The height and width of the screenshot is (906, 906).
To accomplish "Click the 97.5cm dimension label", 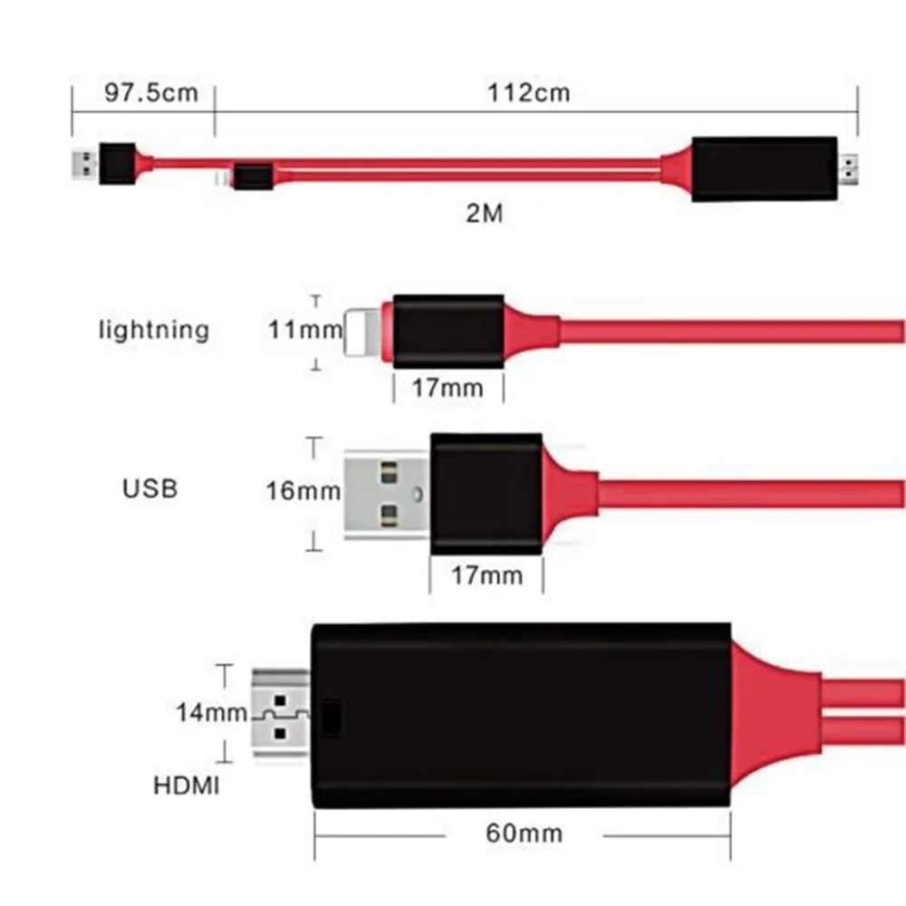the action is pos(151,92).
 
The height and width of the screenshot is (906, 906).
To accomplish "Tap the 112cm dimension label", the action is pos(529,92).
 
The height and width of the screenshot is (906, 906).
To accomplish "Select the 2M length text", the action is pos(484,213).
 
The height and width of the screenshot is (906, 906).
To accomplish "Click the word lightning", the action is pos(154,331).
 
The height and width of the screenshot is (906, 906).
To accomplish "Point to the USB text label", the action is pos(149,489).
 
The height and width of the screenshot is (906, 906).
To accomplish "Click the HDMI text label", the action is pos(186,786).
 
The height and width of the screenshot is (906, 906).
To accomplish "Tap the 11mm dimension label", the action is pos(305,330).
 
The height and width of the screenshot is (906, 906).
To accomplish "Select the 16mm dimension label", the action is pos(303,491).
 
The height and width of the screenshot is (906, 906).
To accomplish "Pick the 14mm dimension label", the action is pos(211,712).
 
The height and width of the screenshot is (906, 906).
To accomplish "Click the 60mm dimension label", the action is pos(524,834).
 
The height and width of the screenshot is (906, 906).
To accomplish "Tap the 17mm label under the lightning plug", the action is pos(448,388).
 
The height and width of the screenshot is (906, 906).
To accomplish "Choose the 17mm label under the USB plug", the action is pos(487,575).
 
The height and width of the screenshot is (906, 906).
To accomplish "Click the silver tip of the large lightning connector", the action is pos(363,332).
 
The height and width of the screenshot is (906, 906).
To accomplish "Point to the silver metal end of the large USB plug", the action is pos(387,495).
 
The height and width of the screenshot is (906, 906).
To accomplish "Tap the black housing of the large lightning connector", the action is pos(448,331).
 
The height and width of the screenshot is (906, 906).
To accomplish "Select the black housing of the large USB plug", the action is pos(487,494).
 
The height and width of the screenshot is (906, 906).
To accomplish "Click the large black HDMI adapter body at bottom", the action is pos(521,716).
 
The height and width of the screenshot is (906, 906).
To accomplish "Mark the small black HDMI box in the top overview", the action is pos(765,169).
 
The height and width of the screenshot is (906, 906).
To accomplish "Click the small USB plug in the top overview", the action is pos(84,164).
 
